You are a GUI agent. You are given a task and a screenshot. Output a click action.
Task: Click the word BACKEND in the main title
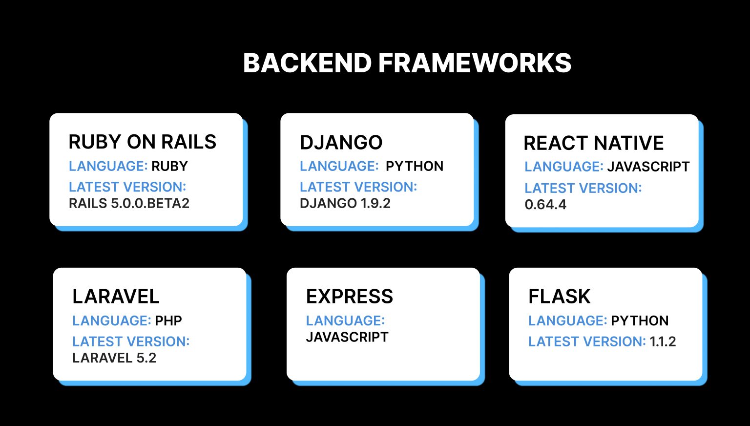coord(308,63)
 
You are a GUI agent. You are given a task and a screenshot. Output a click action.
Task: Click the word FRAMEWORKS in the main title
coord(475,63)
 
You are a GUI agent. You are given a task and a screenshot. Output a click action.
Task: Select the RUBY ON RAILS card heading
coord(142,142)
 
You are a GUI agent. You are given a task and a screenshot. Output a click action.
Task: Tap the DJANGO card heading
coord(341,143)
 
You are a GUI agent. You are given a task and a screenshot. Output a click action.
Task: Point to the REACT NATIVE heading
coord(593,143)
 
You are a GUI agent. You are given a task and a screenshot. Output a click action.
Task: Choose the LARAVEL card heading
coord(116,297)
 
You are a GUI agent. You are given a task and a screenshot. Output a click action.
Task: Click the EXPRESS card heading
coord(349,297)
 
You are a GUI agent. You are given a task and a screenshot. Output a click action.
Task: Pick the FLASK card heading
coord(559,297)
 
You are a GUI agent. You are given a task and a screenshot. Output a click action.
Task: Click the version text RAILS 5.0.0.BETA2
coord(129,203)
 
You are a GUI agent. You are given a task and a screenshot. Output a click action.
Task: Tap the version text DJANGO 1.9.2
coord(345,203)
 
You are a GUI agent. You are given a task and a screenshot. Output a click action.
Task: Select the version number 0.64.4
coord(545,205)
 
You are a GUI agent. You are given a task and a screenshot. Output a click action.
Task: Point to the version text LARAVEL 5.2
coord(114,358)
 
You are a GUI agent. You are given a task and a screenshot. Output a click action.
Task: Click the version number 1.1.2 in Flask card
coord(663,341)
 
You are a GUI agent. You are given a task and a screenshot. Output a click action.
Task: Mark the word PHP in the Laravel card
coord(168,321)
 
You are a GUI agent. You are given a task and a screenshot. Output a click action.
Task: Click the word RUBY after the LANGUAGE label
coord(169,166)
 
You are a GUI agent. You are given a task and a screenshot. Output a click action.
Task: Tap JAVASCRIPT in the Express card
coord(347,337)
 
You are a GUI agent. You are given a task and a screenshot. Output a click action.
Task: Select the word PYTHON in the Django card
coord(414,166)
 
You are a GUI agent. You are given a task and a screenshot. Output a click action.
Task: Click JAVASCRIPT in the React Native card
coord(648,167)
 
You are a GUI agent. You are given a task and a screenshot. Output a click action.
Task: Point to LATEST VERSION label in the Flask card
coord(586,341)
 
